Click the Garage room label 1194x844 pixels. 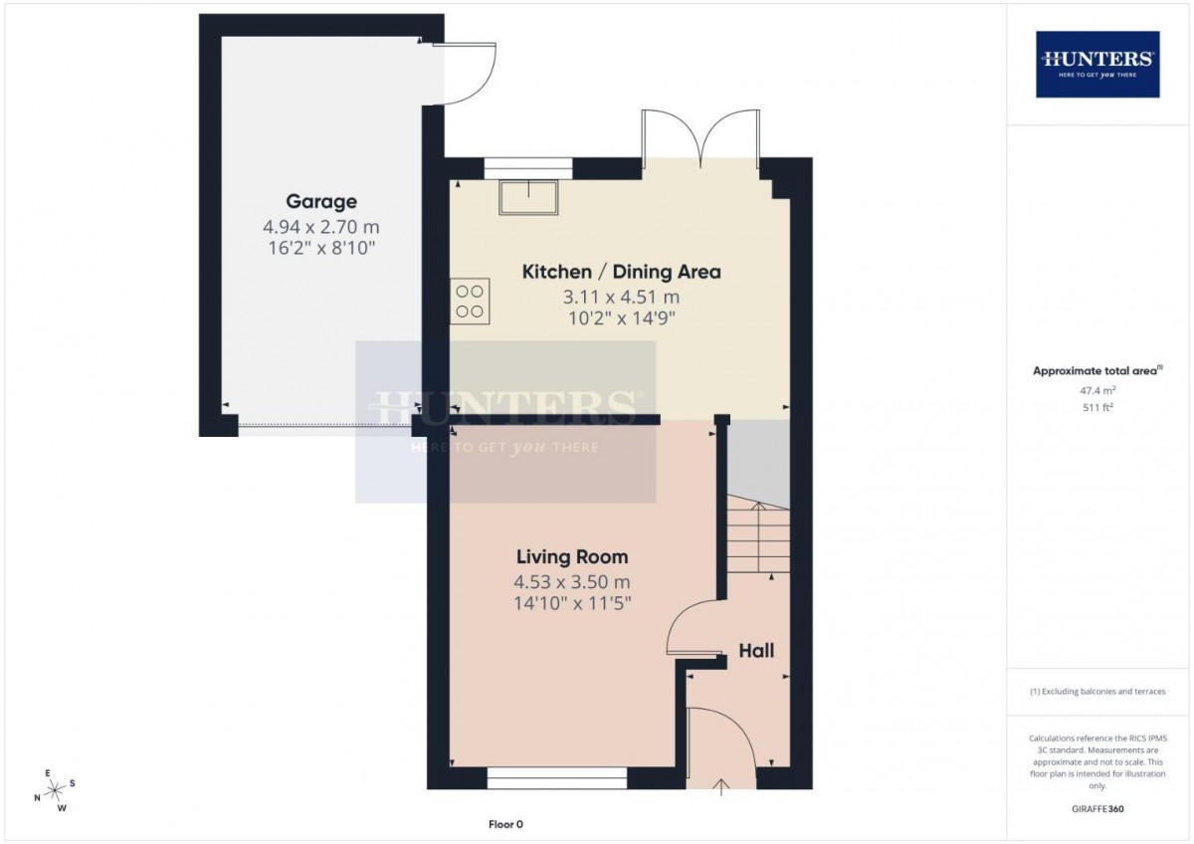tap(321, 201)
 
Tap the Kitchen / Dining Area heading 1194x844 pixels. tap(622, 272)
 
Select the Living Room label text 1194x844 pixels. tap(572, 557)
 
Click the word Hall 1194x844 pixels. tap(756, 651)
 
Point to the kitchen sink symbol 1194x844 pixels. tap(528, 197)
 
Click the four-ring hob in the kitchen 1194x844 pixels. tap(470, 302)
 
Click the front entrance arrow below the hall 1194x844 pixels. tap(721, 786)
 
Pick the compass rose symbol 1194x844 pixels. tap(55, 789)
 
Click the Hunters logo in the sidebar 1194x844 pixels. tap(1097, 64)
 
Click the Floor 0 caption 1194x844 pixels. tap(505, 824)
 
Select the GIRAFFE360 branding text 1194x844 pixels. tap(1097, 809)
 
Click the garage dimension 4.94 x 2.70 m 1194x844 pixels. tap(320, 227)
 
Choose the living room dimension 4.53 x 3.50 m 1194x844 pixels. tap(572, 581)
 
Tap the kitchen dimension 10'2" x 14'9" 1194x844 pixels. tap(622, 318)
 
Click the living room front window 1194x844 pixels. tap(557, 778)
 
